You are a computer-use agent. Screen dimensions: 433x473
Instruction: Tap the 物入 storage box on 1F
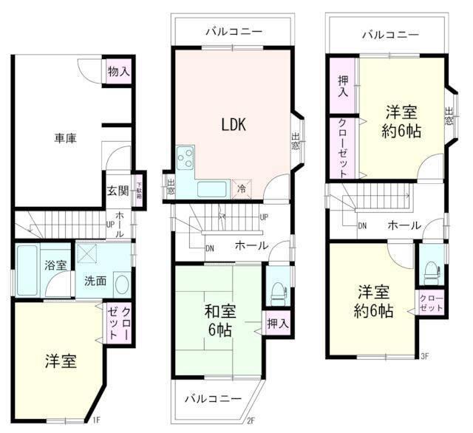coord(118,72)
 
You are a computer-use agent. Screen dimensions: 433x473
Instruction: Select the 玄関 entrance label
coord(118,190)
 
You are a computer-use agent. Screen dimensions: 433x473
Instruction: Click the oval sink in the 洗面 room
coord(123,284)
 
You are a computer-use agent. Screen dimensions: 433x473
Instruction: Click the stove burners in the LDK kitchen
coord(185,157)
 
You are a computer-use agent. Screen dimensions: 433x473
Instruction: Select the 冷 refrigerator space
coord(242,189)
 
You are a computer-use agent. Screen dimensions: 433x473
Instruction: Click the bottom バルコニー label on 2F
coord(214,398)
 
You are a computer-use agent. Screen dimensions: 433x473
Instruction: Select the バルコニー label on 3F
coord(389,34)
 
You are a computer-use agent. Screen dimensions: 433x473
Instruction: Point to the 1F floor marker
coord(95,420)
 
